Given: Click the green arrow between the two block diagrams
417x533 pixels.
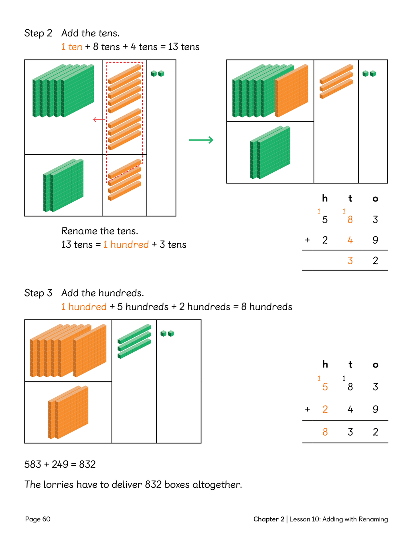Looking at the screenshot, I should coord(201,140).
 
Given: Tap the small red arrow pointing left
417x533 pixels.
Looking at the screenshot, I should coord(98,119).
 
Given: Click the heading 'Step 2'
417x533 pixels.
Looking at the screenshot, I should coord(38,33).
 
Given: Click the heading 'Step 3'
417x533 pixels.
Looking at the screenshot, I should coord(38,293).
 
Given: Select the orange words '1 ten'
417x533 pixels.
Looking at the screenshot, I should coord(72,47).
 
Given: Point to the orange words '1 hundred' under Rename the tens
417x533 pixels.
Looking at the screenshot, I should coord(126,244).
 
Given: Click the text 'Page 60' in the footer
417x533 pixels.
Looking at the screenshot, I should coord(38,519).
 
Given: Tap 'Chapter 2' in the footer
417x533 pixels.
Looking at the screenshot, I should coord(269,519).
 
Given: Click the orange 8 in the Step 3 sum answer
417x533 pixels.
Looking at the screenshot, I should coord(325,432).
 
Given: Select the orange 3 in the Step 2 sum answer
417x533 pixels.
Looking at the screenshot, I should coord(350,261).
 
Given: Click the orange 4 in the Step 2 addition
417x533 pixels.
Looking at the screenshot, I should coord(350,240).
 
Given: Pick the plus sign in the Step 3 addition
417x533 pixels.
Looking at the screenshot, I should coord(308,409).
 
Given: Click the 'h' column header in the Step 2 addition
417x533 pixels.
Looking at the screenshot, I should coord(325,198).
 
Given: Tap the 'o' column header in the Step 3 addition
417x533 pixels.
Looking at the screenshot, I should coord(375,365).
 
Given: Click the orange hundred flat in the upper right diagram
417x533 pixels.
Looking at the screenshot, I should coord(292,90).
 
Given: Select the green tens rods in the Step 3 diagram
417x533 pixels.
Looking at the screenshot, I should coord(134,341).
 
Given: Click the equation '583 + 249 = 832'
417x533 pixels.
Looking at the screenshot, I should coord(60,464).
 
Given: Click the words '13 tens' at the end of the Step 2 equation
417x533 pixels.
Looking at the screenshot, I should coord(184,47).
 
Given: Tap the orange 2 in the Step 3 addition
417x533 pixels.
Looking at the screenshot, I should coord(325,409).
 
